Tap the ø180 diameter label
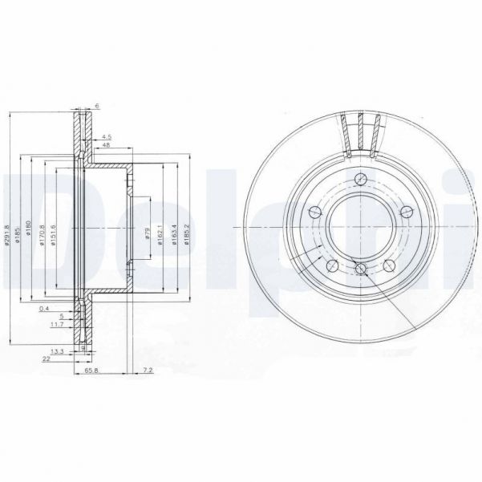coord(35,233)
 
